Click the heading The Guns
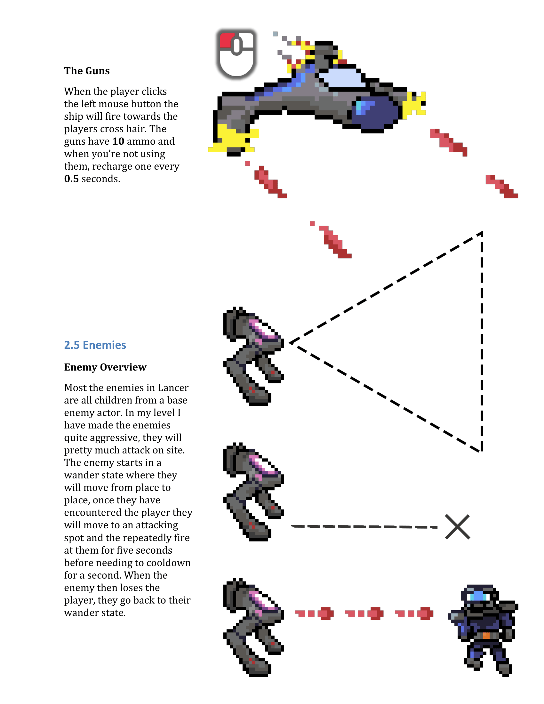point(87,71)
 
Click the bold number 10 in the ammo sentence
point(118,141)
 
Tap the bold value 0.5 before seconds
point(71,179)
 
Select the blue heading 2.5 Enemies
point(95,345)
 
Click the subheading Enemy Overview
point(105,367)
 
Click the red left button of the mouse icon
point(227,40)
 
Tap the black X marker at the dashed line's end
point(457,527)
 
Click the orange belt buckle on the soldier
point(486,635)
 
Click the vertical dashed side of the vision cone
point(482,342)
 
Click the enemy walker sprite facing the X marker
point(253,492)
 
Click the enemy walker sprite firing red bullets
point(253,627)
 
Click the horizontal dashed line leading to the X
point(364,527)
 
